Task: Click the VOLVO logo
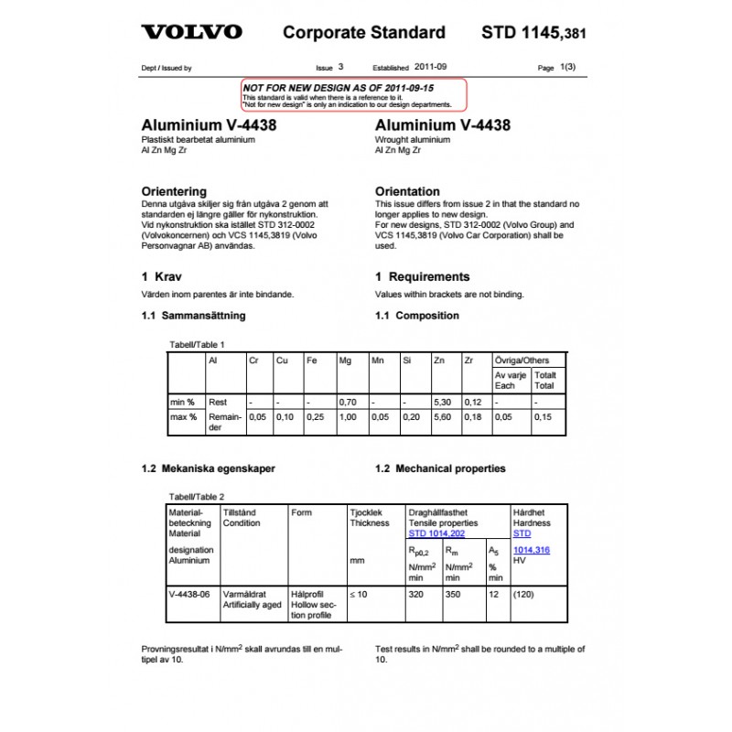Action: point(191,32)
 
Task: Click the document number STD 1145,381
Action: point(533,34)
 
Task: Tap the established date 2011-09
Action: point(431,67)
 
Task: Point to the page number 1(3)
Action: point(568,67)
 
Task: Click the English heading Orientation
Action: point(407,191)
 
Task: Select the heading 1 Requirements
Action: point(422,276)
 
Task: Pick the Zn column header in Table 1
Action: point(439,361)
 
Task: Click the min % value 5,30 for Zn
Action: point(442,402)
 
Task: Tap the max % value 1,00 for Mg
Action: point(347,416)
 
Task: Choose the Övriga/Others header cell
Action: point(522,361)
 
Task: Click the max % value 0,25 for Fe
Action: point(315,416)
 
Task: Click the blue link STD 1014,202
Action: point(436,533)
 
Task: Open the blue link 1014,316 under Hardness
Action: point(533,549)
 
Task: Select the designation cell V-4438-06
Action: point(189,594)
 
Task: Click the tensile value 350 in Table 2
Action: point(453,594)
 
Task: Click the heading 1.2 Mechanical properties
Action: point(440,468)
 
